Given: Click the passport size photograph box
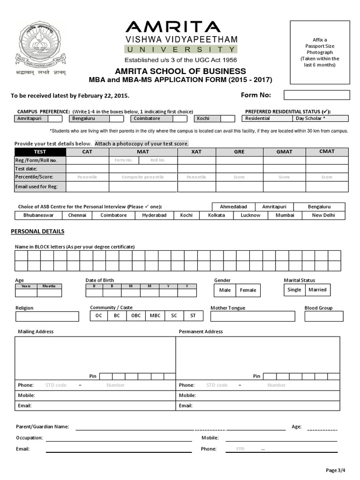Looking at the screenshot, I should coord(320,52).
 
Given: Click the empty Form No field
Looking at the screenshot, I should coord(316,95).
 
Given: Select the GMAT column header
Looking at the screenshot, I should coord(284,151).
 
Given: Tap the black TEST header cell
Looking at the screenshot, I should coord(40,151).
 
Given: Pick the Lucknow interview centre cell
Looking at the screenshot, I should coord(250,215).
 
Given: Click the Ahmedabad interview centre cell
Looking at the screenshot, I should coord(233,207).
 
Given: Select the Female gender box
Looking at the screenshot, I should coord(248,290).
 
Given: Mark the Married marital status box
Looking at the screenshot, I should coord(317,290).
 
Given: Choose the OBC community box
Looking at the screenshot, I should coord(135,316).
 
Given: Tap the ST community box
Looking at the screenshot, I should coord(193,316).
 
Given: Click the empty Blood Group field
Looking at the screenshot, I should coord(323,316).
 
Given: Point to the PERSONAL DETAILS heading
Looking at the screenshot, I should coord(37,232).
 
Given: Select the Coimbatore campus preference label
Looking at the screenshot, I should coord(147,119).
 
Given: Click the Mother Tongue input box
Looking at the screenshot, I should coord(252,316).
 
